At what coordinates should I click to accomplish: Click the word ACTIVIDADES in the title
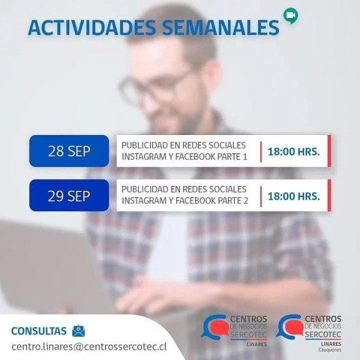click(92, 28)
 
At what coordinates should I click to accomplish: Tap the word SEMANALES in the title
click(221, 28)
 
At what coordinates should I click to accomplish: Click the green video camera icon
click(291, 16)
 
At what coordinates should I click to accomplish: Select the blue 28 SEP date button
click(69, 151)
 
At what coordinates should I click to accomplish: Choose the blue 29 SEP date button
click(69, 196)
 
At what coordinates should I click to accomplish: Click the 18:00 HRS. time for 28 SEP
click(294, 152)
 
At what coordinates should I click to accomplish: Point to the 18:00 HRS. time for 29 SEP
click(294, 196)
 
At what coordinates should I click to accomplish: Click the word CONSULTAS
click(39, 331)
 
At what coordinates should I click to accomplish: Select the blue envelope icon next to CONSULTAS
click(79, 331)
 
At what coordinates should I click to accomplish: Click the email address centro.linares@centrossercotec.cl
click(89, 347)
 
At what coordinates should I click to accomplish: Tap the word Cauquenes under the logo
click(329, 350)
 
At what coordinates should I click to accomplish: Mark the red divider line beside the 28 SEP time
click(261, 152)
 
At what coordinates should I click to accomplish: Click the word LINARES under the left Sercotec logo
click(257, 344)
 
